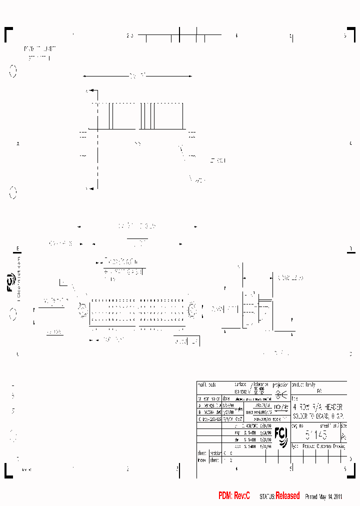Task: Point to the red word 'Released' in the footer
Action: pos(287,496)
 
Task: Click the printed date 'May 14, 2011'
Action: pos(330,496)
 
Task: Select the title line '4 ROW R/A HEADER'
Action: pos(317,407)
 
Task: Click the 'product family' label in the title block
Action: pos(303,384)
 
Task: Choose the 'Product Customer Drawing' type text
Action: pos(321,444)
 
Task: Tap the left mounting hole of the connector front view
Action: pos(81,309)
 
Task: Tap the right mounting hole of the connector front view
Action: pos(192,309)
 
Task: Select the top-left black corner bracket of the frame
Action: pos(8,33)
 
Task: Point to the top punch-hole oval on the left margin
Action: pos(13,72)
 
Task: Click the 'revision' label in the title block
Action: pos(215,452)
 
